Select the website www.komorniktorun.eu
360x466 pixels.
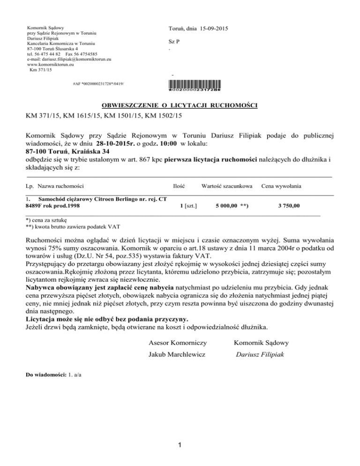coord(52,65)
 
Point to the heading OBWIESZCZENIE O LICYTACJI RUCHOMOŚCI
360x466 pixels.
coord(180,105)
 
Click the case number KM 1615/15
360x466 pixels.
coord(87,115)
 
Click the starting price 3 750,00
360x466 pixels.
coord(289,205)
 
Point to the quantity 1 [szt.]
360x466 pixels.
coord(188,205)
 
